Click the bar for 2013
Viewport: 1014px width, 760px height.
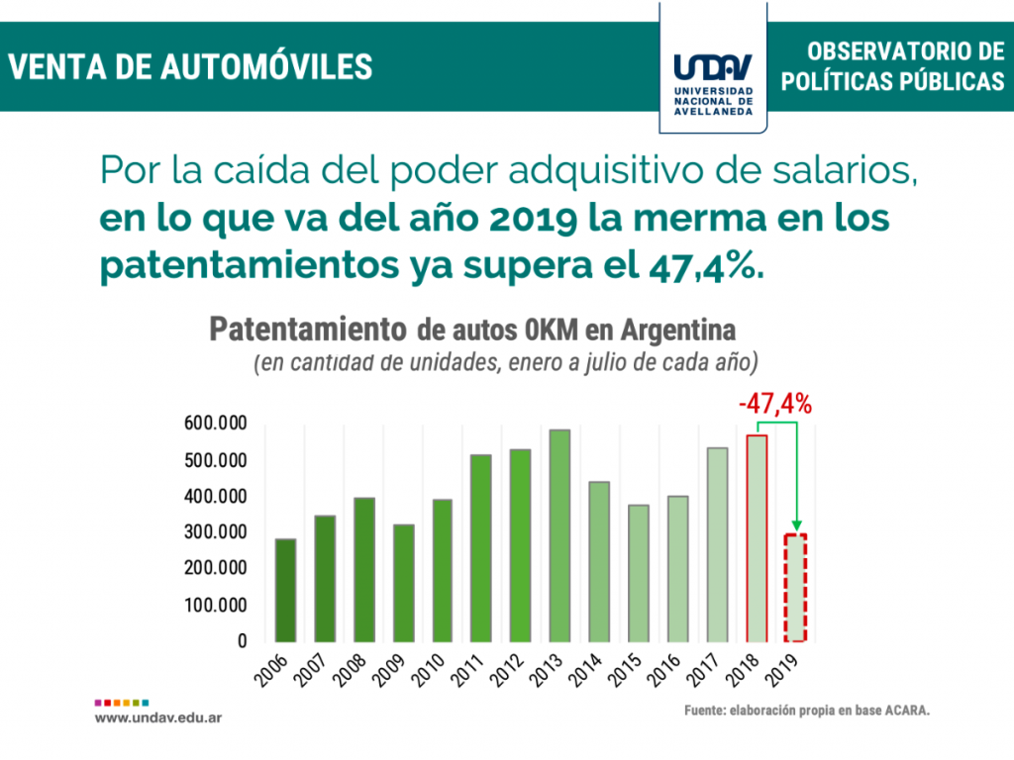coord(560,535)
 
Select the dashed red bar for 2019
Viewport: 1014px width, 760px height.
coord(796,588)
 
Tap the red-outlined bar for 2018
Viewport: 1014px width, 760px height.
coord(757,538)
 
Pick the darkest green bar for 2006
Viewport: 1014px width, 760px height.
coord(285,590)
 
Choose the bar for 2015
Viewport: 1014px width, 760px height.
coord(639,573)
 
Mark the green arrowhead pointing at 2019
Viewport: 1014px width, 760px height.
coord(796,526)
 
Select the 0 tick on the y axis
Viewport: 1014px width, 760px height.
coord(241,641)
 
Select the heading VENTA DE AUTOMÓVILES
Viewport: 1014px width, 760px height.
coord(191,66)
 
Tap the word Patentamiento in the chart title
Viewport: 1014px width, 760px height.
coord(308,330)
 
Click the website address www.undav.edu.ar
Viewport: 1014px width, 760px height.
coord(158,715)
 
